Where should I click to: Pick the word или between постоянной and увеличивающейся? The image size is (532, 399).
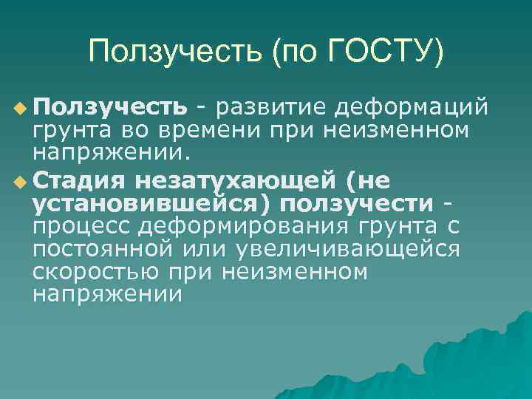click(x=201, y=248)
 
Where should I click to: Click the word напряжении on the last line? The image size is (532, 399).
click(x=107, y=294)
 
